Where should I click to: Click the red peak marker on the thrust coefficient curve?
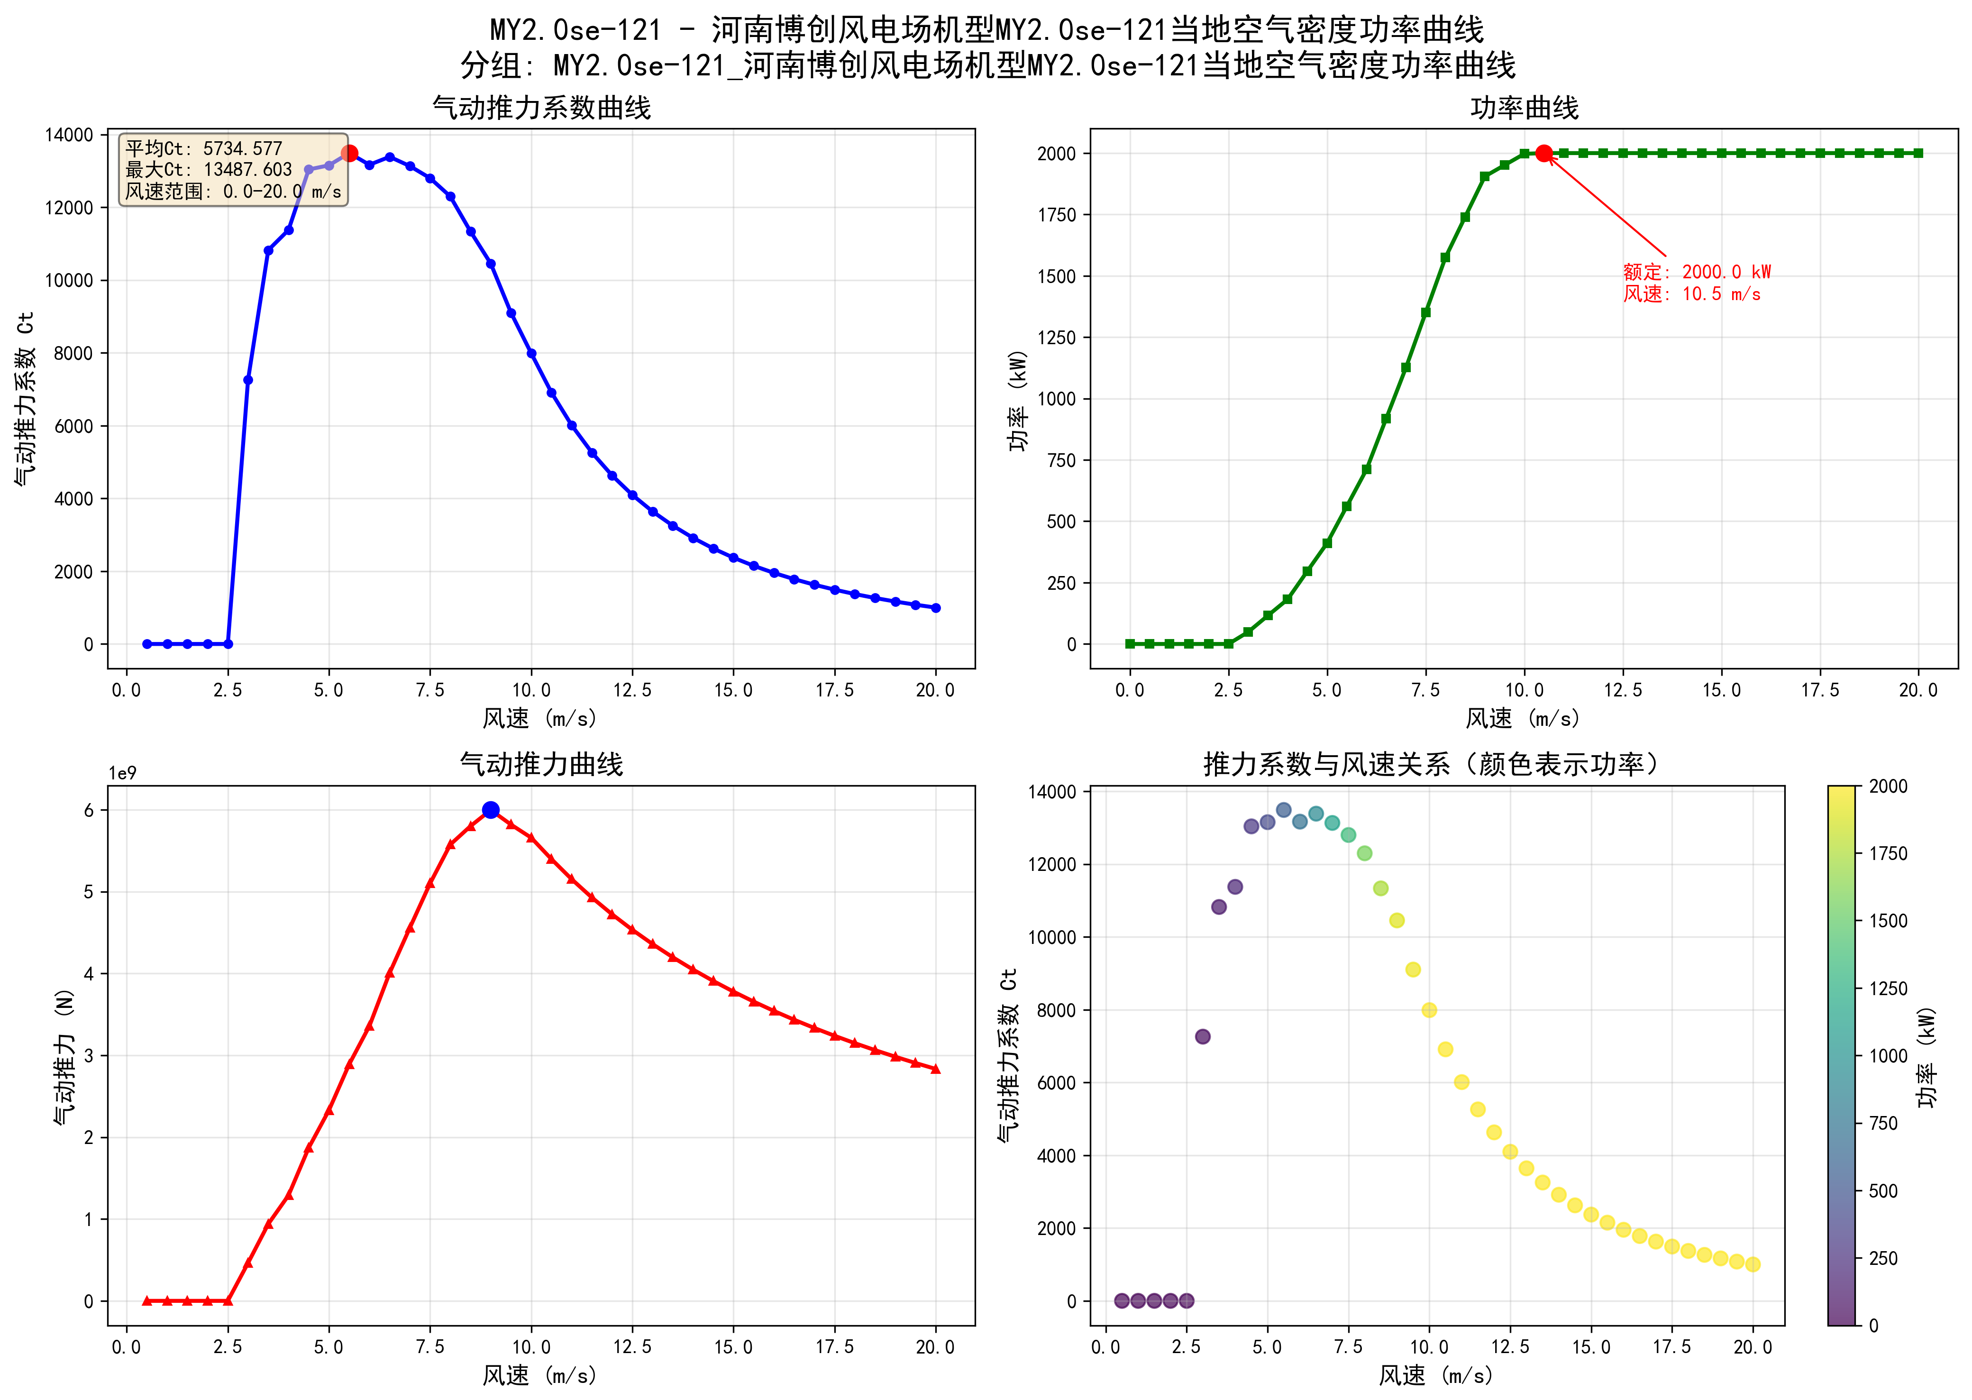[349, 154]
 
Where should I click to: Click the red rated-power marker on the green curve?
[1543, 154]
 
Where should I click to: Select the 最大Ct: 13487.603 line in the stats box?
[209, 170]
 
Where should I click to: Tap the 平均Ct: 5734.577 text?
[203, 148]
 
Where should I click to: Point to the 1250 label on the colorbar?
[1888, 989]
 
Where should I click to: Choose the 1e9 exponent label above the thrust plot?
[122, 773]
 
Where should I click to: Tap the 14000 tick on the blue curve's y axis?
[69, 135]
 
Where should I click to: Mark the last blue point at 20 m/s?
[936, 608]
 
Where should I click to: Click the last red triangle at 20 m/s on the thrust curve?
[936, 1069]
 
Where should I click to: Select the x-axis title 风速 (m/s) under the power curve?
[1524, 718]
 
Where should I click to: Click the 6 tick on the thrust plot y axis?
[89, 810]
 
